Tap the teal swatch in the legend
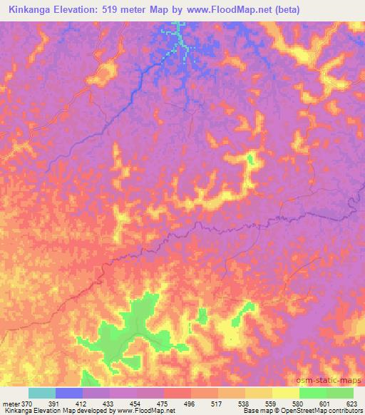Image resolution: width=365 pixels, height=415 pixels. tap(42, 393)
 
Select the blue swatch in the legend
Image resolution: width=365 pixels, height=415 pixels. tap(69, 393)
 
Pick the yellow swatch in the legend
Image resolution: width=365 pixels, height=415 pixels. tap(286, 393)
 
